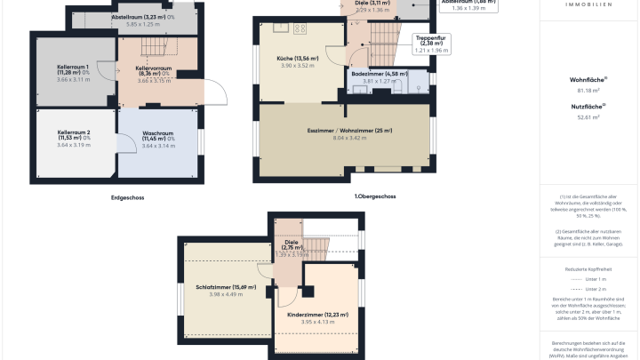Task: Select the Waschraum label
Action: point(159,134)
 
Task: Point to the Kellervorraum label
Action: point(153,70)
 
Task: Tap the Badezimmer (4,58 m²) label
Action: point(379,74)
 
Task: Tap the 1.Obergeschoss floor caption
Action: point(374,196)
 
